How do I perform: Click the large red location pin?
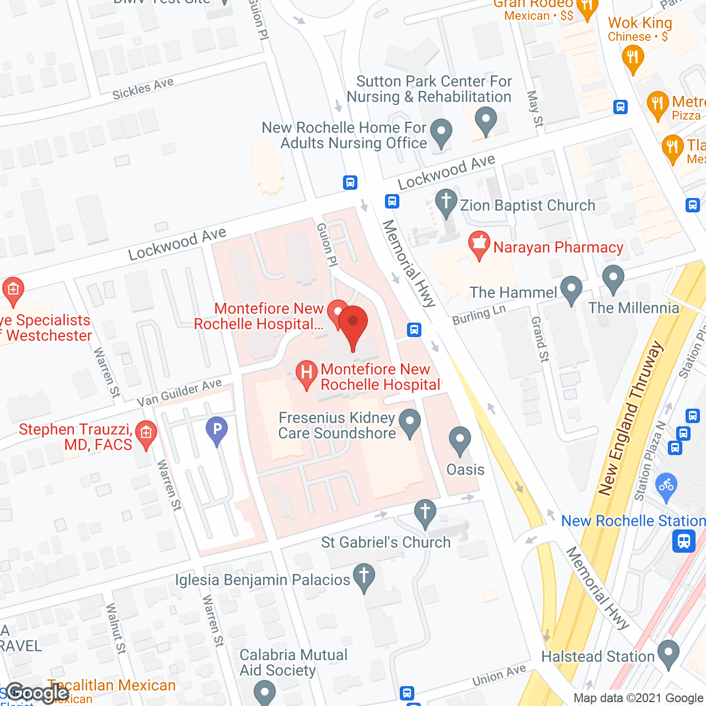[x=353, y=324]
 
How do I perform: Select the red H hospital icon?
[x=306, y=373]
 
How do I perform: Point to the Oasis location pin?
[x=459, y=440]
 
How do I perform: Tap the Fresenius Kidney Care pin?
[x=409, y=422]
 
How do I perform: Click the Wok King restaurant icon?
[x=633, y=58]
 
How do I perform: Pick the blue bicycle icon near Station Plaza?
[x=666, y=486]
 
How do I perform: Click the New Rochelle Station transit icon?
[x=684, y=541]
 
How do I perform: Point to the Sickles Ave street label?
[x=143, y=89]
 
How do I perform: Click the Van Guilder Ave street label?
[x=179, y=392]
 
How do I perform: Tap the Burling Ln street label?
[x=479, y=315]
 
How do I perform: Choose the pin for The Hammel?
[x=571, y=289]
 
